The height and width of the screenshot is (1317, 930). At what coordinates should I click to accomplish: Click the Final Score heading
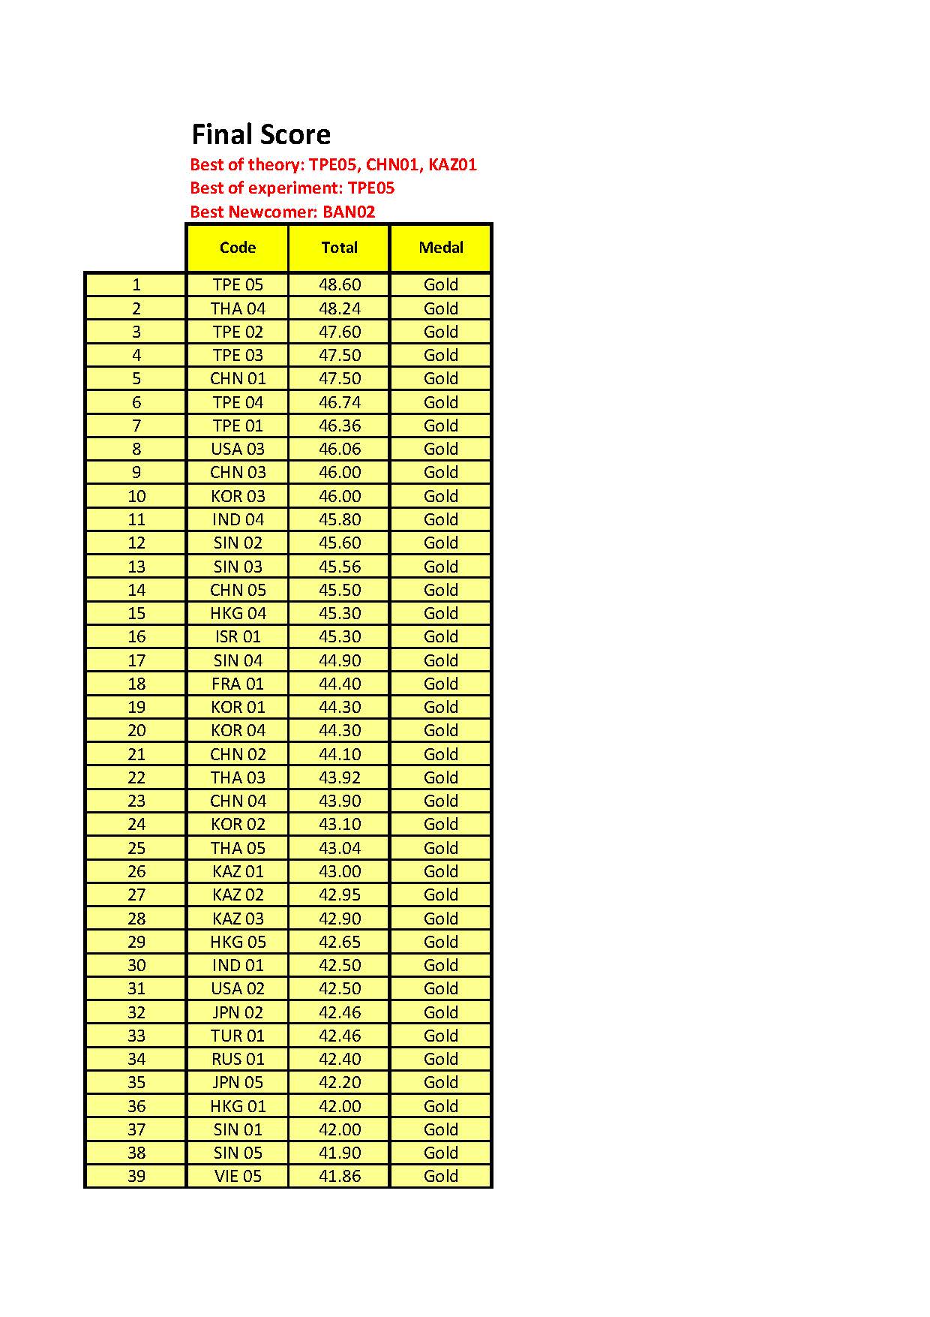tap(261, 134)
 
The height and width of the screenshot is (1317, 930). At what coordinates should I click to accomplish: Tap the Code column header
tap(238, 248)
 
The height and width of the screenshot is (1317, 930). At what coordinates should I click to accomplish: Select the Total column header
tap(339, 248)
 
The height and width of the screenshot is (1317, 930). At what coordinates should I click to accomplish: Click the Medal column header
tap(441, 248)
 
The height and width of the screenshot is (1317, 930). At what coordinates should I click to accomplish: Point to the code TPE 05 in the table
tap(238, 285)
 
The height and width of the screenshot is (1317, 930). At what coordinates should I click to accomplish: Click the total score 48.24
tap(340, 308)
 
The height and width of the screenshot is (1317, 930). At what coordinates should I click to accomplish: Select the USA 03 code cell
tap(238, 449)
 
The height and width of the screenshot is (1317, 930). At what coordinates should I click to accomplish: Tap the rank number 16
tap(136, 636)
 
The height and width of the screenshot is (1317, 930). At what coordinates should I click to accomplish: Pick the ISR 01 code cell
tap(238, 636)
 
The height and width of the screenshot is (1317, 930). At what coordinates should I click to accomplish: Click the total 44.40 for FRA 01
tap(340, 684)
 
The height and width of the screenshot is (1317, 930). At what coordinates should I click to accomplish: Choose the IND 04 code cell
tap(238, 519)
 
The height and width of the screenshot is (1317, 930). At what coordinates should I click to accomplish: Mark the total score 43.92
tap(340, 777)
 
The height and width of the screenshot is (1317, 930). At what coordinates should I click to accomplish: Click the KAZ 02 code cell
tap(238, 895)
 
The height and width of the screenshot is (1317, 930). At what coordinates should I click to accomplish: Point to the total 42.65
tap(340, 942)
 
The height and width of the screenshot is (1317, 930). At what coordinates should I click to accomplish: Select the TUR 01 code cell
tap(238, 1036)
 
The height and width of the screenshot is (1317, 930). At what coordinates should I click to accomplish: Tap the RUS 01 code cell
tap(238, 1059)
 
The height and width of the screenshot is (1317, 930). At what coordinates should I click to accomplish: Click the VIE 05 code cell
tap(238, 1176)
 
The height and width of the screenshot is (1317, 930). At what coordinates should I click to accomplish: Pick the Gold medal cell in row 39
tap(441, 1176)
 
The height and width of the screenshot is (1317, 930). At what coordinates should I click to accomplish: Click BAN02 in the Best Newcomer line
tap(349, 212)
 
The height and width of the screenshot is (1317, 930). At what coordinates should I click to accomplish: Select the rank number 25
tap(136, 848)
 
